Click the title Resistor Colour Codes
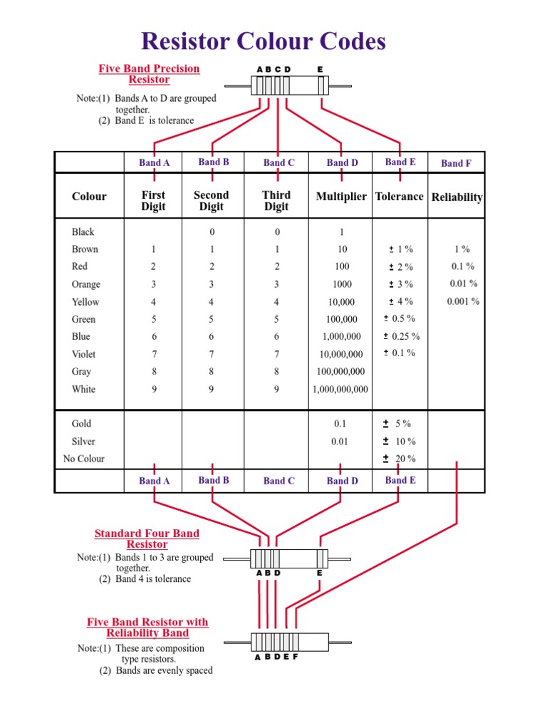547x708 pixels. [x=264, y=41]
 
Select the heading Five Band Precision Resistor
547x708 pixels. [x=149, y=74]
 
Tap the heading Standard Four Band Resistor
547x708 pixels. [x=147, y=538]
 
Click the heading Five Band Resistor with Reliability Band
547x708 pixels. [x=147, y=627]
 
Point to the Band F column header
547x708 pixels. [x=456, y=163]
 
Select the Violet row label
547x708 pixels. [x=83, y=354]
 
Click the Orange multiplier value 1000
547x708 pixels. [x=342, y=284]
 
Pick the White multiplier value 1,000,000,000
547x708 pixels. [x=340, y=390]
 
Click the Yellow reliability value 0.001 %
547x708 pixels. [x=463, y=301]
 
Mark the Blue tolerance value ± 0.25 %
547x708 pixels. [x=401, y=336]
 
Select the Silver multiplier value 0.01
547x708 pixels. [x=340, y=442]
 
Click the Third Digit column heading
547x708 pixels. [x=276, y=201]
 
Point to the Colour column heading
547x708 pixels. [x=89, y=197]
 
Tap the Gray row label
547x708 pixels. [x=82, y=372]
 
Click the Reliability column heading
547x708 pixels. [x=457, y=197]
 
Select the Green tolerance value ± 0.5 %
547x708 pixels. [x=399, y=318]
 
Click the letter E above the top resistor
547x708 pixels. [x=320, y=69]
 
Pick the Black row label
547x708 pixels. [x=83, y=232]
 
